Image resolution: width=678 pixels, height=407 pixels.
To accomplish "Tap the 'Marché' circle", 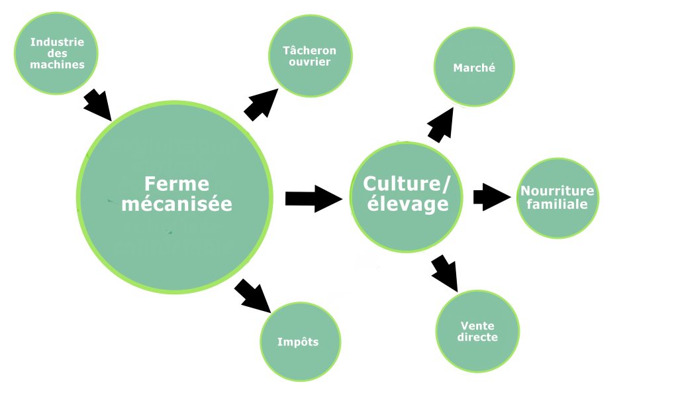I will (x=474, y=67).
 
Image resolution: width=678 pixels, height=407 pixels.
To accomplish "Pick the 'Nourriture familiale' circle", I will (x=557, y=198).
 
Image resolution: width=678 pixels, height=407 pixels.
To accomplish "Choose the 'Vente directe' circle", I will (x=477, y=331).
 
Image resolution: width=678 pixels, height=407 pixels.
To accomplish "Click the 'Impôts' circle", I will (x=299, y=341).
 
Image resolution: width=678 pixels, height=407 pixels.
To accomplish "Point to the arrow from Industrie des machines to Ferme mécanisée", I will (x=98, y=105).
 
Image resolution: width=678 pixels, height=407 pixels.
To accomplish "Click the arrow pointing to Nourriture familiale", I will (x=492, y=197).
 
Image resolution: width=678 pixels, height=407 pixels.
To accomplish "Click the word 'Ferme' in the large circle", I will (x=176, y=184).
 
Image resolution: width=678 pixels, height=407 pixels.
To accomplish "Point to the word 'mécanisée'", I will (x=177, y=203).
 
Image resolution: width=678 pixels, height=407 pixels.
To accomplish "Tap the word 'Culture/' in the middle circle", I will (x=407, y=183).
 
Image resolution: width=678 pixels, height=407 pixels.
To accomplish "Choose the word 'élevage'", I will (x=407, y=204).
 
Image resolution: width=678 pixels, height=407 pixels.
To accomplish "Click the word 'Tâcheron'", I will (x=309, y=50).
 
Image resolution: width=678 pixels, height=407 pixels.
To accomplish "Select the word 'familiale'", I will (x=557, y=204).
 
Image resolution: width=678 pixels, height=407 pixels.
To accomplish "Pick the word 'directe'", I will (x=477, y=337).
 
